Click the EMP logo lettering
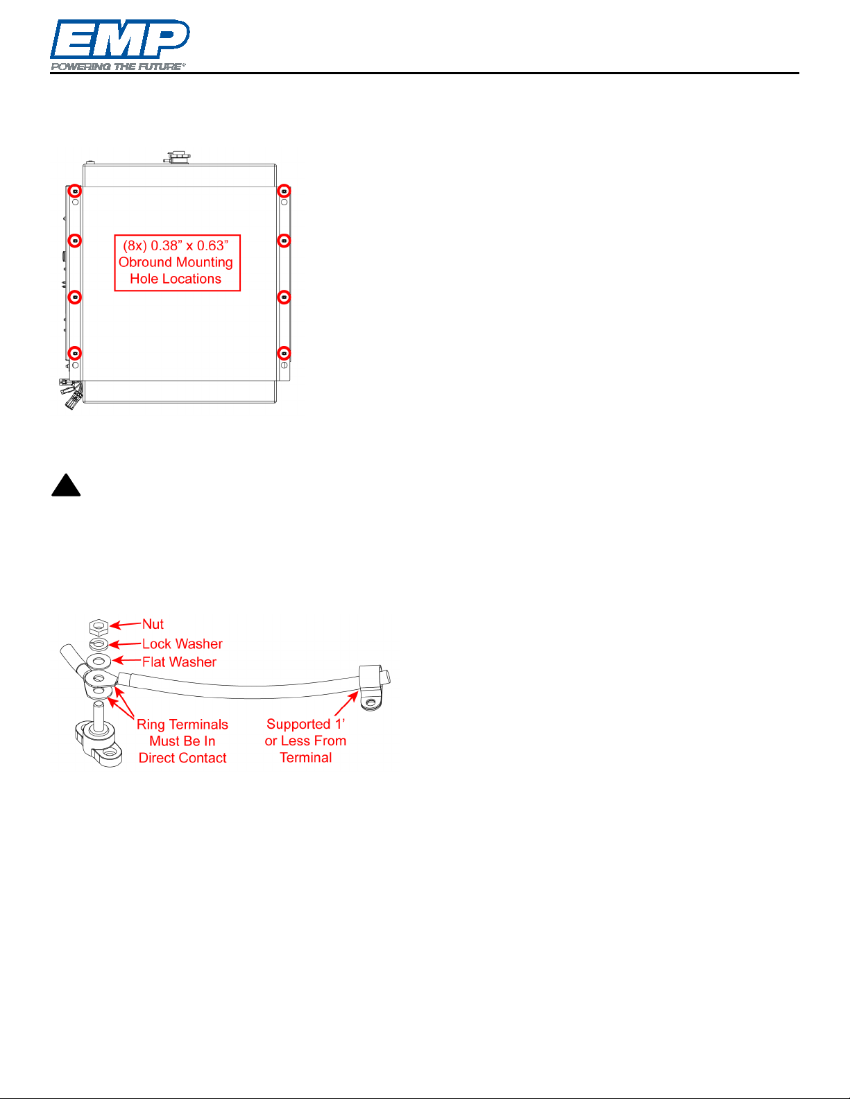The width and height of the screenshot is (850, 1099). click(120, 39)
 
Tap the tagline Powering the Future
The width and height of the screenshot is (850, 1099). click(118, 67)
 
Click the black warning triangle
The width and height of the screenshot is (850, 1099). click(66, 485)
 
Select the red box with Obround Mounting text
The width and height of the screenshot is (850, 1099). click(177, 263)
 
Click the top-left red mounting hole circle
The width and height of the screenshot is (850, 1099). click(75, 191)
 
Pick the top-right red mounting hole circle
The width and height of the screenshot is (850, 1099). click(284, 191)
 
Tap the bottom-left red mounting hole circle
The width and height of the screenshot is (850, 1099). click(75, 353)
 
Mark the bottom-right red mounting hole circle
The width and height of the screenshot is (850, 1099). click(284, 353)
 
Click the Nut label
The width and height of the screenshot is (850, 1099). click(153, 624)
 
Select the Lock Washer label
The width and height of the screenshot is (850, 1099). click(182, 644)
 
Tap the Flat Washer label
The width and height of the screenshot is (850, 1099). click(179, 662)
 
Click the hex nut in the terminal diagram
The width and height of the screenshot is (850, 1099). click(99, 627)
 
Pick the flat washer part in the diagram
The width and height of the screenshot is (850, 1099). click(99, 661)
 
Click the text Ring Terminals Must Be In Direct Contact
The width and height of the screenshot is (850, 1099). click(182, 741)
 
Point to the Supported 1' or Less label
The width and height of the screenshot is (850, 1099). click(305, 741)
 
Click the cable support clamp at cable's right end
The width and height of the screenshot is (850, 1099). click(374, 687)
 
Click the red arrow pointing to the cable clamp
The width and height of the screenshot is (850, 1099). click(346, 704)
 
